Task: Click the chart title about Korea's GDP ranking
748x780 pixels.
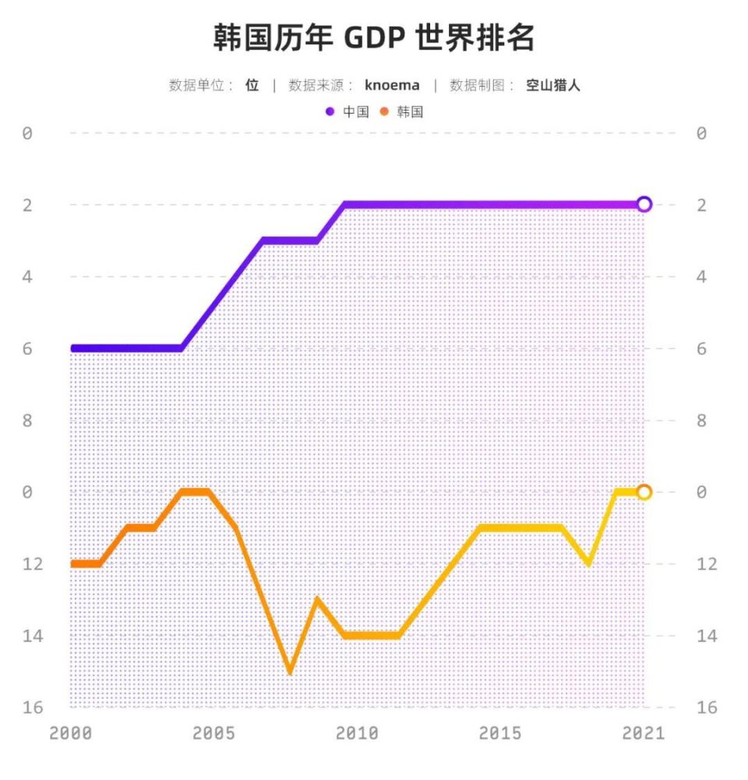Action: pyautogui.click(x=374, y=37)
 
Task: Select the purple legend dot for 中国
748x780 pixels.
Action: pyautogui.click(x=330, y=112)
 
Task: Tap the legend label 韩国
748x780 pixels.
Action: pyautogui.click(x=410, y=112)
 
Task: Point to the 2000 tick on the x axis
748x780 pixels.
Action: pyautogui.click(x=70, y=733)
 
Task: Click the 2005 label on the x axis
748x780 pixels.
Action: pyautogui.click(x=213, y=733)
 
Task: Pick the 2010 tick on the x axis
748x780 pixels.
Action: pyautogui.click(x=357, y=733)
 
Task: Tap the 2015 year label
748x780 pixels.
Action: pyautogui.click(x=500, y=733)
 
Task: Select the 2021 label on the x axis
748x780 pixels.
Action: pyautogui.click(x=644, y=733)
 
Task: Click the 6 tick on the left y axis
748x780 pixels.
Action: pyautogui.click(x=27, y=349)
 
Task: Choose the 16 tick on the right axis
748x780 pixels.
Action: pyautogui.click(x=707, y=707)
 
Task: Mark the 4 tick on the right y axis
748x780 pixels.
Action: pyautogui.click(x=701, y=277)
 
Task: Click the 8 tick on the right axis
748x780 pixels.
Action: pyautogui.click(x=701, y=420)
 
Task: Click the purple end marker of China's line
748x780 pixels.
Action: pyautogui.click(x=644, y=204)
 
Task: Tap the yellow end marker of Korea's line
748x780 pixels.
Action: pyautogui.click(x=644, y=492)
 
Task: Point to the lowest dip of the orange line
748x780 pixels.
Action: pyautogui.click(x=290, y=671)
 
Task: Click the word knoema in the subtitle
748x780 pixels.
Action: pyautogui.click(x=392, y=85)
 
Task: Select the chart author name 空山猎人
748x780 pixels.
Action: pyautogui.click(x=553, y=85)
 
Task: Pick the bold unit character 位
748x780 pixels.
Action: pyautogui.click(x=252, y=85)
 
